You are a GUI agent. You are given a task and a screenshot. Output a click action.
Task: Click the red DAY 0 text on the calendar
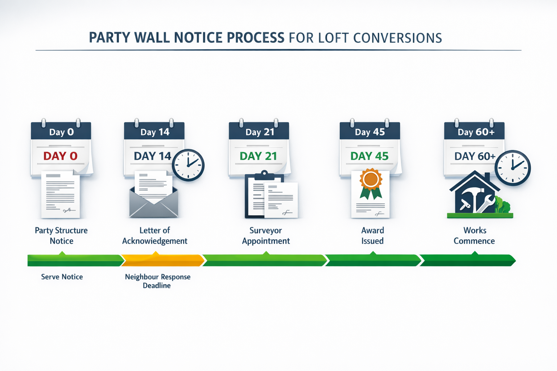click(x=60, y=156)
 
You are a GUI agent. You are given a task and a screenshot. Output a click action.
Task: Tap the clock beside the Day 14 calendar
click(x=188, y=165)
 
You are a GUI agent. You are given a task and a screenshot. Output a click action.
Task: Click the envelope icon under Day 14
click(x=154, y=205)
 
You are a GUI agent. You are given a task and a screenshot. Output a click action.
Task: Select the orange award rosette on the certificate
click(x=371, y=179)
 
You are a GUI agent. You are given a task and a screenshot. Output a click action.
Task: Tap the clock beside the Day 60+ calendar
click(x=512, y=168)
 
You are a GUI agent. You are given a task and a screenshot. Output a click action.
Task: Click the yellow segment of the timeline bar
click(x=162, y=260)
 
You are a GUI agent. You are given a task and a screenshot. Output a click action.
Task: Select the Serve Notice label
click(x=62, y=277)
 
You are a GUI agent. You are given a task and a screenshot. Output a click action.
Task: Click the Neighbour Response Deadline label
click(x=157, y=281)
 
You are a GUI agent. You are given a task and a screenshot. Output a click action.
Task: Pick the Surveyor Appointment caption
click(x=266, y=235)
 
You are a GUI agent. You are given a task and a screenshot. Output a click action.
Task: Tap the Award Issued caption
click(x=372, y=235)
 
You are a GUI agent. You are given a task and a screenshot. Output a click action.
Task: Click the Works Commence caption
click(x=474, y=235)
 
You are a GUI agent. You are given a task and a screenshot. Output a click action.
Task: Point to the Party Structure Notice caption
click(x=61, y=235)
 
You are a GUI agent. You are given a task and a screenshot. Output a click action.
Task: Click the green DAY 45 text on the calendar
click(x=369, y=156)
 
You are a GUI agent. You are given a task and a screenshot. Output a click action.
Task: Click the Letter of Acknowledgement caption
click(x=154, y=235)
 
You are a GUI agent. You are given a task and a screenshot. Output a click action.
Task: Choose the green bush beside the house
click(x=502, y=206)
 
